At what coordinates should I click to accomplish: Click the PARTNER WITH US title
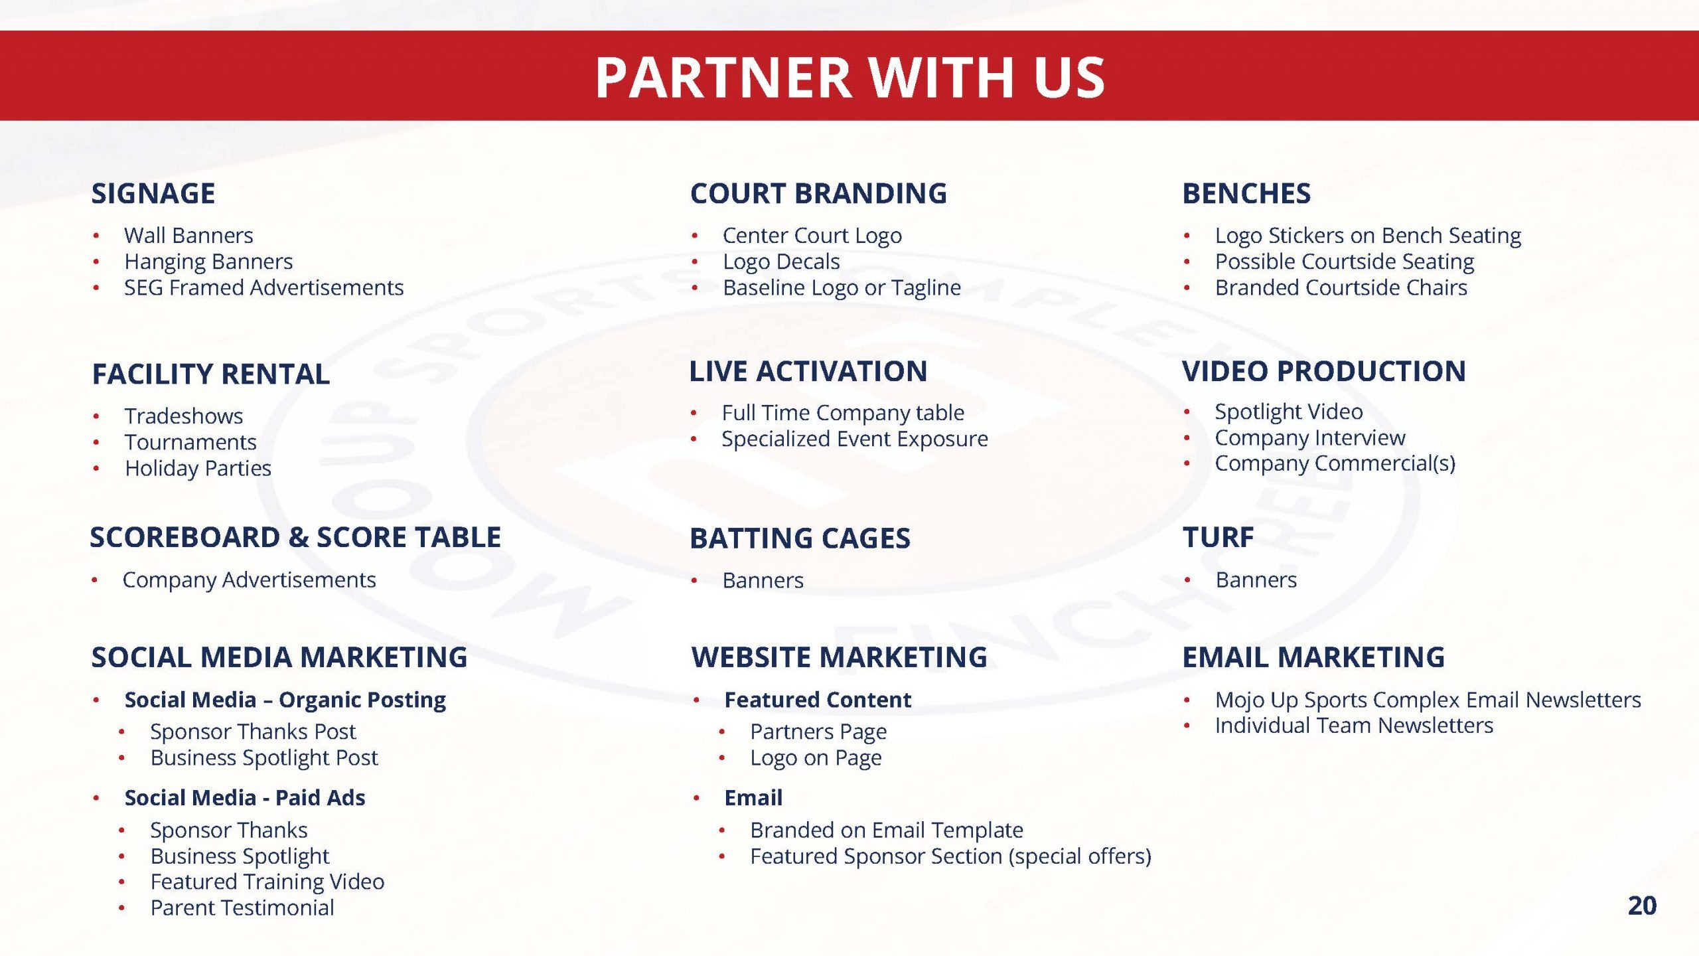tap(849, 77)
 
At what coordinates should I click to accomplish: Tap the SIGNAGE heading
tap(153, 193)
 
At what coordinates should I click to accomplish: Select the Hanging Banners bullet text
tap(208, 262)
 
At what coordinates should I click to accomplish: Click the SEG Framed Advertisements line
tap(263, 287)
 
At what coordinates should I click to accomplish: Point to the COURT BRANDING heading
tap(818, 193)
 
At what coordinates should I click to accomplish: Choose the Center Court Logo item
tap(812, 236)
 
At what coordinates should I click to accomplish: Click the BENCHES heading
tap(1246, 193)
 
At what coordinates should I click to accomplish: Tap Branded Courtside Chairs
tap(1341, 287)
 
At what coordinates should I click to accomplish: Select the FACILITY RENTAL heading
tap(211, 374)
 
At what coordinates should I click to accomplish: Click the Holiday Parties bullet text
tap(198, 469)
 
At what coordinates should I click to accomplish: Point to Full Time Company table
tap(843, 413)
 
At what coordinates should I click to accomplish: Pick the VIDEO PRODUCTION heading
tap(1324, 371)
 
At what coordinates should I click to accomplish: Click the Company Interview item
tap(1309, 438)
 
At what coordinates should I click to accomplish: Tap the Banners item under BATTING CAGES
tap(763, 580)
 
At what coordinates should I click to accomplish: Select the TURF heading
tap(1218, 537)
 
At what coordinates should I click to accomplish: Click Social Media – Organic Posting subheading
tap(285, 700)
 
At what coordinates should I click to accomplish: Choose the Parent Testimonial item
tap(242, 908)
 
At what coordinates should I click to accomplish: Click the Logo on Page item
tap(816, 758)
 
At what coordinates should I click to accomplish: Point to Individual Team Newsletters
tap(1354, 726)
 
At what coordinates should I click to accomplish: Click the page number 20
tap(1642, 906)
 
